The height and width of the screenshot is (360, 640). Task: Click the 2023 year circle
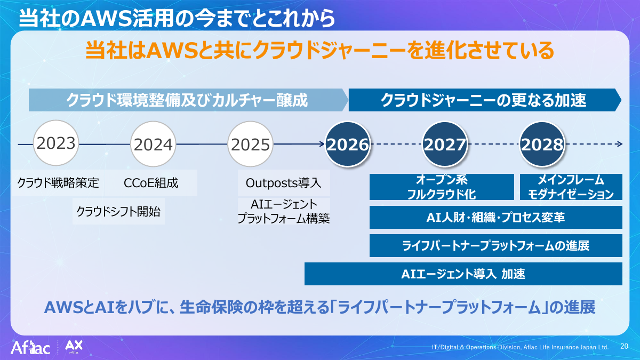point(56,143)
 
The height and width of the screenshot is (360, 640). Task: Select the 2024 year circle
point(153,144)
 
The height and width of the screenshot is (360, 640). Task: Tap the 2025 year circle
point(250,144)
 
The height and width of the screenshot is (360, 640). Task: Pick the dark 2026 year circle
point(348,144)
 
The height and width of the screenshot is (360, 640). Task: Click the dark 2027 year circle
point(445,144)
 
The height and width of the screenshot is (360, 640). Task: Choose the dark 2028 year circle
point(542,144)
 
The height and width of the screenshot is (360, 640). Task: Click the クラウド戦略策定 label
point(58,183)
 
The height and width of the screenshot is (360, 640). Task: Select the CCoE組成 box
point(151,183)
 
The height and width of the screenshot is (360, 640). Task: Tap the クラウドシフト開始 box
point(118,211)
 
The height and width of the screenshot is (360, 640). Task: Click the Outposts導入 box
point(284,183)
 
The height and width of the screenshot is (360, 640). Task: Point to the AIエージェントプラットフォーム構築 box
point(284,211)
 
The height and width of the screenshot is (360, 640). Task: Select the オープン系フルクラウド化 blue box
point(442,187)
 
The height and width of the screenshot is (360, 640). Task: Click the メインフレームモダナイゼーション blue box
point(571,187)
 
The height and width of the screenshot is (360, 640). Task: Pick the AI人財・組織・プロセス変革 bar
point(495,218)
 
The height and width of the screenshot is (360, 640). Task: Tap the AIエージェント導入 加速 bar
point(463,274)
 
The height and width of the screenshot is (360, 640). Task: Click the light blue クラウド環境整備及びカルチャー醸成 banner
point(188,100)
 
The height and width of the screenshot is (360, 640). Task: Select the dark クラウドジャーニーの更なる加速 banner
point(485,100)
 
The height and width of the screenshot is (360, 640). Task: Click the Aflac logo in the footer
point(30,348)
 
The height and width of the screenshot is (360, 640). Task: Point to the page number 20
point(625,346)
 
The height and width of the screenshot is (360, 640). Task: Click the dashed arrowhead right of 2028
point(620,144)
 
